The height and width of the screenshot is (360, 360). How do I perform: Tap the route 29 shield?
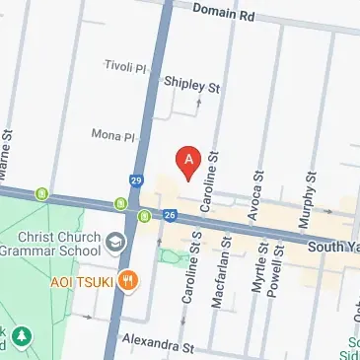tap(135, 180)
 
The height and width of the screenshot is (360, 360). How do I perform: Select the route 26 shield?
tap(170, 215)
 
